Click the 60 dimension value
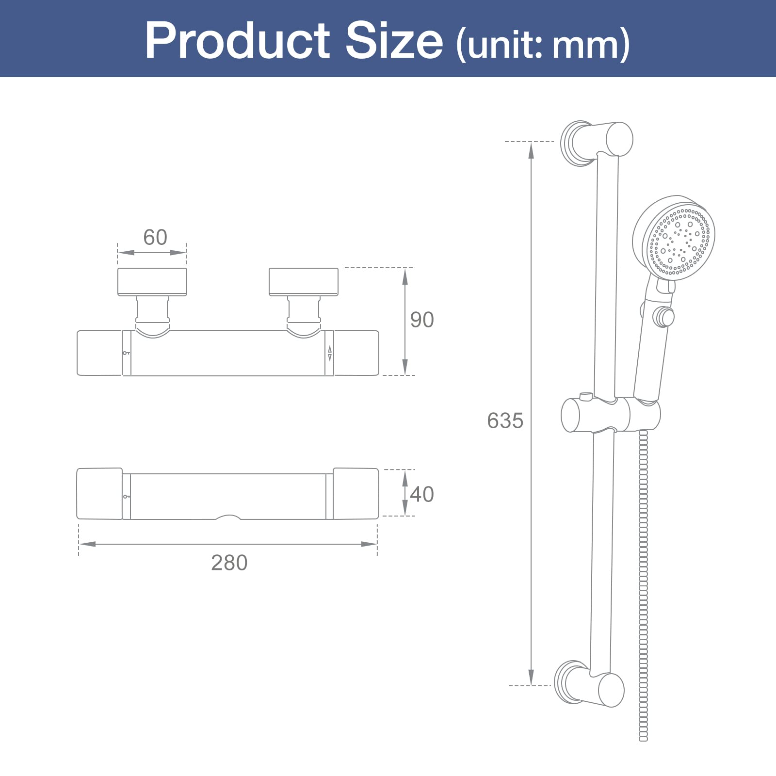coord(155,237)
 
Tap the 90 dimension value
coord(422,320)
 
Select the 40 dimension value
coord(422,494)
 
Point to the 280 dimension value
coord(229,563)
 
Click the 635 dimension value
coord(505,420)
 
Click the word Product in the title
coord(237,41)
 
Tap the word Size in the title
coord(394,41)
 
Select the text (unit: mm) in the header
coord(543,45)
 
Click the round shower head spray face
coord(679,241)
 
